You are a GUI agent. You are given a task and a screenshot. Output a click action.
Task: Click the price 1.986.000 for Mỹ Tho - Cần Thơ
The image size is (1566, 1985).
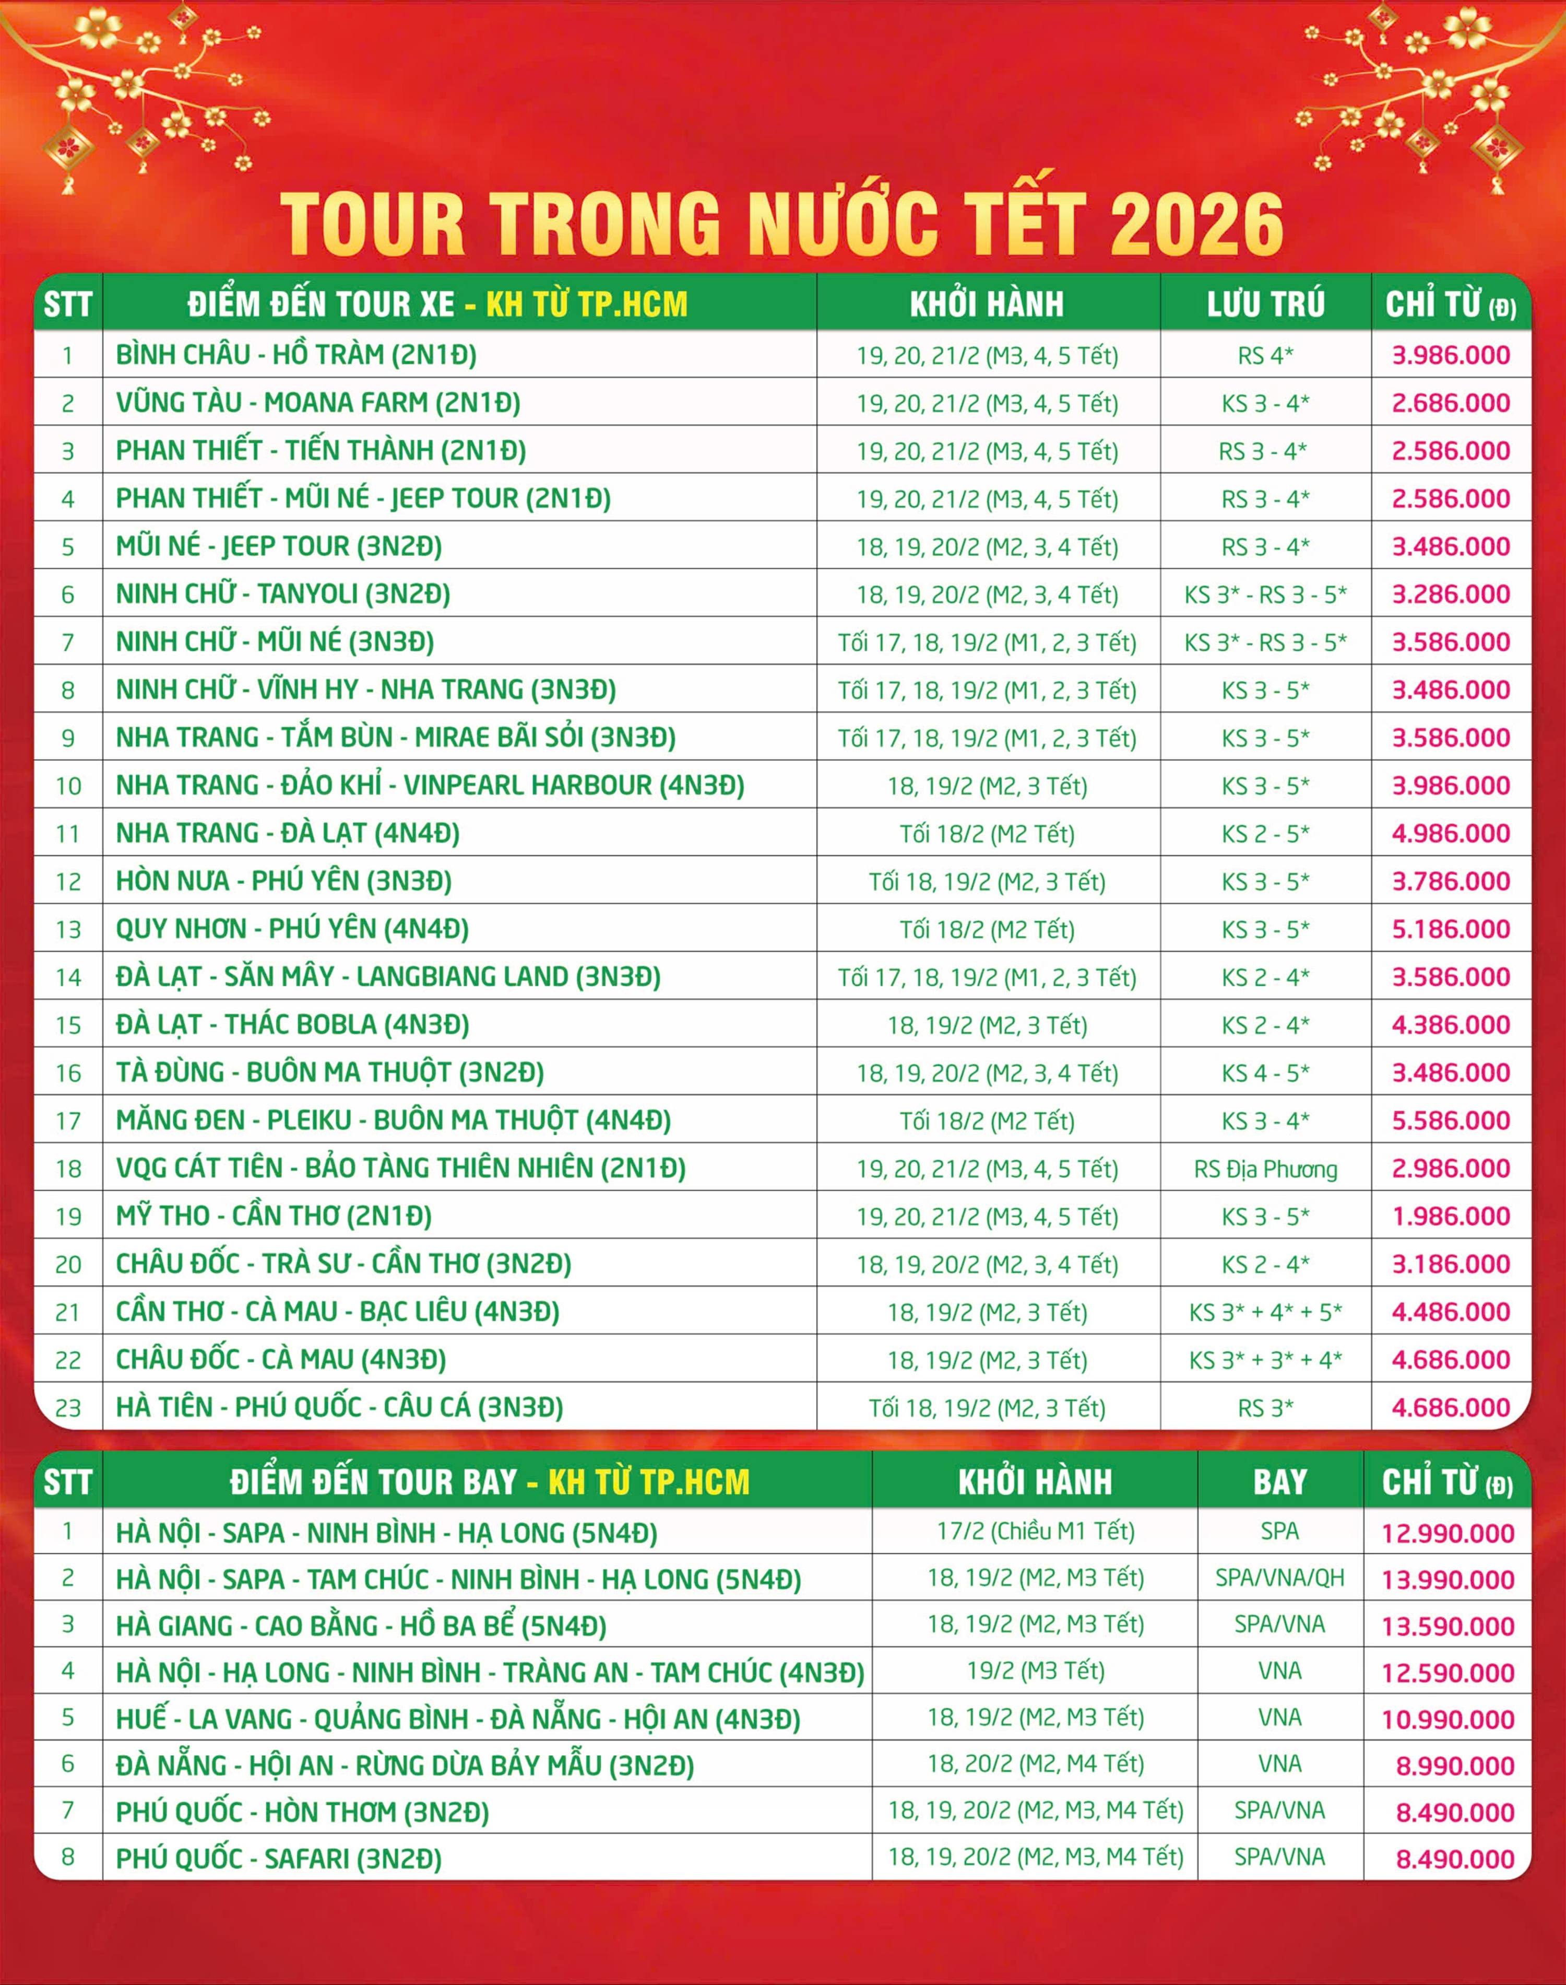[x=1451, y=1216]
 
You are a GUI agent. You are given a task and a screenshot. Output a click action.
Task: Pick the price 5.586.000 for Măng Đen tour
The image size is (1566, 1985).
[x=1451, y=1120]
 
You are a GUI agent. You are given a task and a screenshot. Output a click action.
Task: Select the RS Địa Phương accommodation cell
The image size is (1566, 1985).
[x=1265, y=1169]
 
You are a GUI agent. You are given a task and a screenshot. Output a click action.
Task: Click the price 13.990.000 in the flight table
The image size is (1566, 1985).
[x=1448, y=1580]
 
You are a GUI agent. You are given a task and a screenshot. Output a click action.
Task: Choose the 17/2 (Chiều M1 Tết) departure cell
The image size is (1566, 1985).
[x=1035, y=1531]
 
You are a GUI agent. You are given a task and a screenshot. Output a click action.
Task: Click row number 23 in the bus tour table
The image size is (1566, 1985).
[x=68, y=1408]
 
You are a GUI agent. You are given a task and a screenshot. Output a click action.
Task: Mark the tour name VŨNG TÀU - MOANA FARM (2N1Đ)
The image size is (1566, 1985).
[x=317, y=403]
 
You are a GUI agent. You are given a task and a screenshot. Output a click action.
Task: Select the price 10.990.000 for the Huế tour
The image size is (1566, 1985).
[x=1448, y=1719]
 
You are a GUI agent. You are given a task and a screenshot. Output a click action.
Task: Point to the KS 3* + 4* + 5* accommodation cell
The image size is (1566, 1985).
[x=1265, y=1312]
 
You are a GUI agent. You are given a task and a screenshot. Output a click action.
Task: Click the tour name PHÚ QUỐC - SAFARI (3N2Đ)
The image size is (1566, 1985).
[x=278, y=1859]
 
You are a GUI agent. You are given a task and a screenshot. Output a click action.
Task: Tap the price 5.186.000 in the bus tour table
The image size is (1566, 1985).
[x=1451, y=929]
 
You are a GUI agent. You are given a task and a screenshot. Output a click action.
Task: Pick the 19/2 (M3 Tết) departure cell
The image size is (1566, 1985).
[x=1035, y=1671]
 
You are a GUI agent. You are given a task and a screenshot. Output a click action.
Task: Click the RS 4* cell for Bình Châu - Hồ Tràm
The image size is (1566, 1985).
[x=1265, y=355]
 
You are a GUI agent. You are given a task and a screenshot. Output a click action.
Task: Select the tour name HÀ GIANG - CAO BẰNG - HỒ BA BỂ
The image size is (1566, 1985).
[x=360, y=1626]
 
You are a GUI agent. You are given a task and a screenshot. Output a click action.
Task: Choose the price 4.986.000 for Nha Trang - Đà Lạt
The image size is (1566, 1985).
[x=1451, y=834]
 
